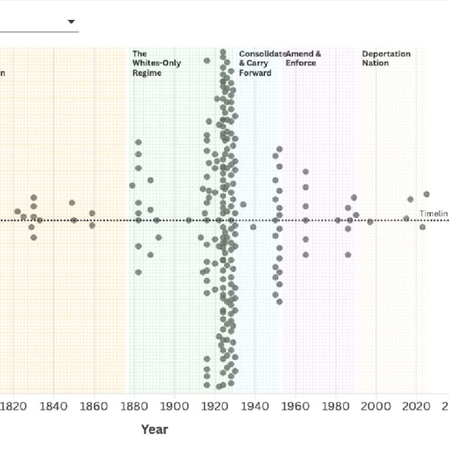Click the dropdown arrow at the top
pos(71,22)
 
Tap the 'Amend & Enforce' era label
pos(303,58)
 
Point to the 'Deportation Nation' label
pos(386,58)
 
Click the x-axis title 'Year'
pos(154,430)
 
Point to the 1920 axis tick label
pos(215,406)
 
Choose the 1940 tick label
pos(255,406)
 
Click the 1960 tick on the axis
pos(296,406)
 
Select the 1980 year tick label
pos(336,406)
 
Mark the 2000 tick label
pos(377,406)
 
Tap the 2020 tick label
pos(417,406)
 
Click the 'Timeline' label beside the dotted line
pos(433,213)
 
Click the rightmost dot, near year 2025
pos(426,194)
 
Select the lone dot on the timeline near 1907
pos(189,220)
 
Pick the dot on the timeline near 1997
pos(370,222)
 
